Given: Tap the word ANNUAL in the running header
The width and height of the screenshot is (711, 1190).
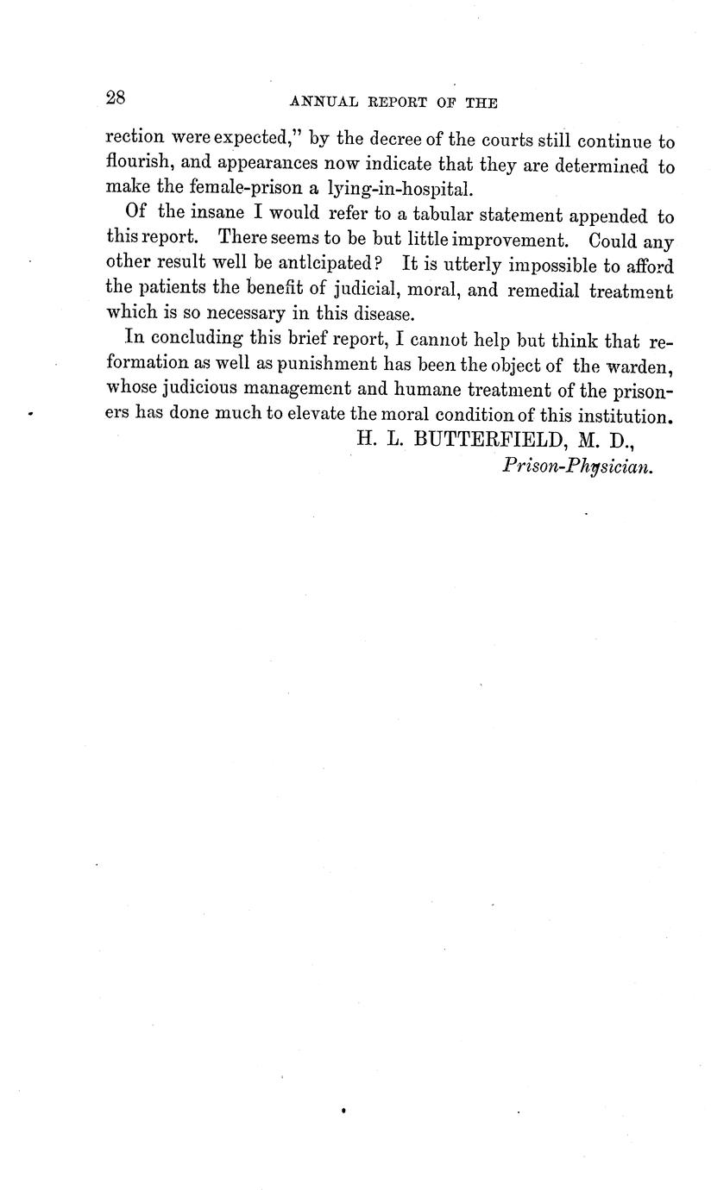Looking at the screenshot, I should pyautogui.click(x=318, y=103).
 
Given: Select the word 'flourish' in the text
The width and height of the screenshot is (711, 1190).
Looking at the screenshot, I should pyautogui.click(x=138, y=163).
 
